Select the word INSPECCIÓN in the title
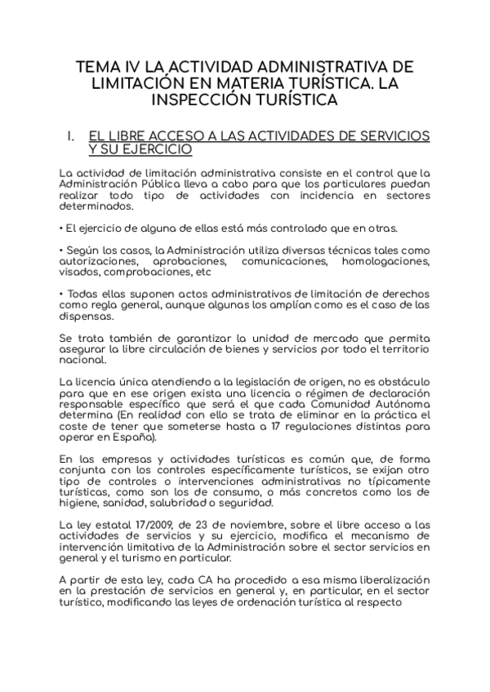click(199, 100)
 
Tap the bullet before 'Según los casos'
click(62, 250)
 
